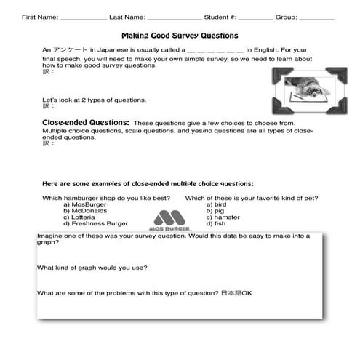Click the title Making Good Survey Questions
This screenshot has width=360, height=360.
[179, 35]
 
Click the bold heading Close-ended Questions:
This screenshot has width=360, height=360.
[86, 123]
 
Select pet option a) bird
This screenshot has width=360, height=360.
[216, 204]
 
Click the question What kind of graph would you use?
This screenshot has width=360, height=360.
[92, 268]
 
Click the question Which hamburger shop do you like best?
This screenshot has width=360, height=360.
[106, 198]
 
